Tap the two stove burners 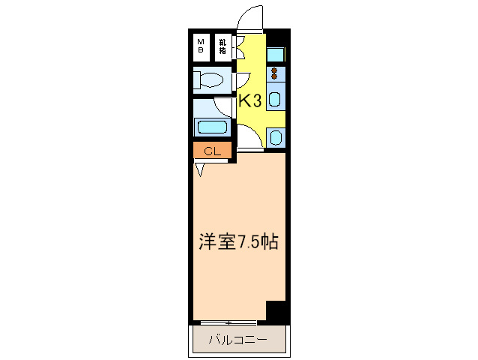click(x=275, y=73)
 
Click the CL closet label click(x=212, y=151)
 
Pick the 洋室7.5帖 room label click(x=239, y=241)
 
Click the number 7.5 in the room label click(x=250, y=241)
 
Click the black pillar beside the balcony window click(x=277, y=310)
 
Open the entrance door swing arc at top click(x=252, y=16)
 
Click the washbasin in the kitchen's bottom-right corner click(x=275, y=137)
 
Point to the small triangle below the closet click(x=200, y=169)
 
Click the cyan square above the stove click(x=275, y=54)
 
